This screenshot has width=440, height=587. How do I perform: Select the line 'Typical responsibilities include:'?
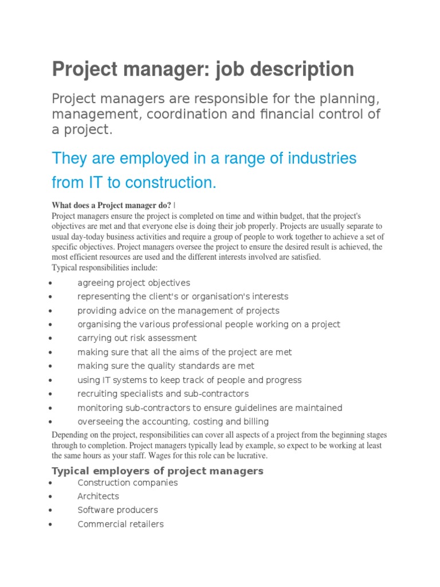104,268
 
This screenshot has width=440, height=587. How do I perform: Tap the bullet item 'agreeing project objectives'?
133,283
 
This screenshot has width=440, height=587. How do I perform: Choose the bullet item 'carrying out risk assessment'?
137,338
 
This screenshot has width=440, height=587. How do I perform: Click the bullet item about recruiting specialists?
163,394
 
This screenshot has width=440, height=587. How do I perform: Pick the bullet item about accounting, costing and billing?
173,421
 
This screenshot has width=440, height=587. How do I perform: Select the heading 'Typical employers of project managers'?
158,471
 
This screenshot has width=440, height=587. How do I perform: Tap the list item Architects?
99,496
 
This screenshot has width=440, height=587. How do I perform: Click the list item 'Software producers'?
117,510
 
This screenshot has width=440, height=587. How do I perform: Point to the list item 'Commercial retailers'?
120,524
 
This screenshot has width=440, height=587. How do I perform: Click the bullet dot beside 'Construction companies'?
52,484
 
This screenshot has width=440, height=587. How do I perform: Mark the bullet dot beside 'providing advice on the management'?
52,311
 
